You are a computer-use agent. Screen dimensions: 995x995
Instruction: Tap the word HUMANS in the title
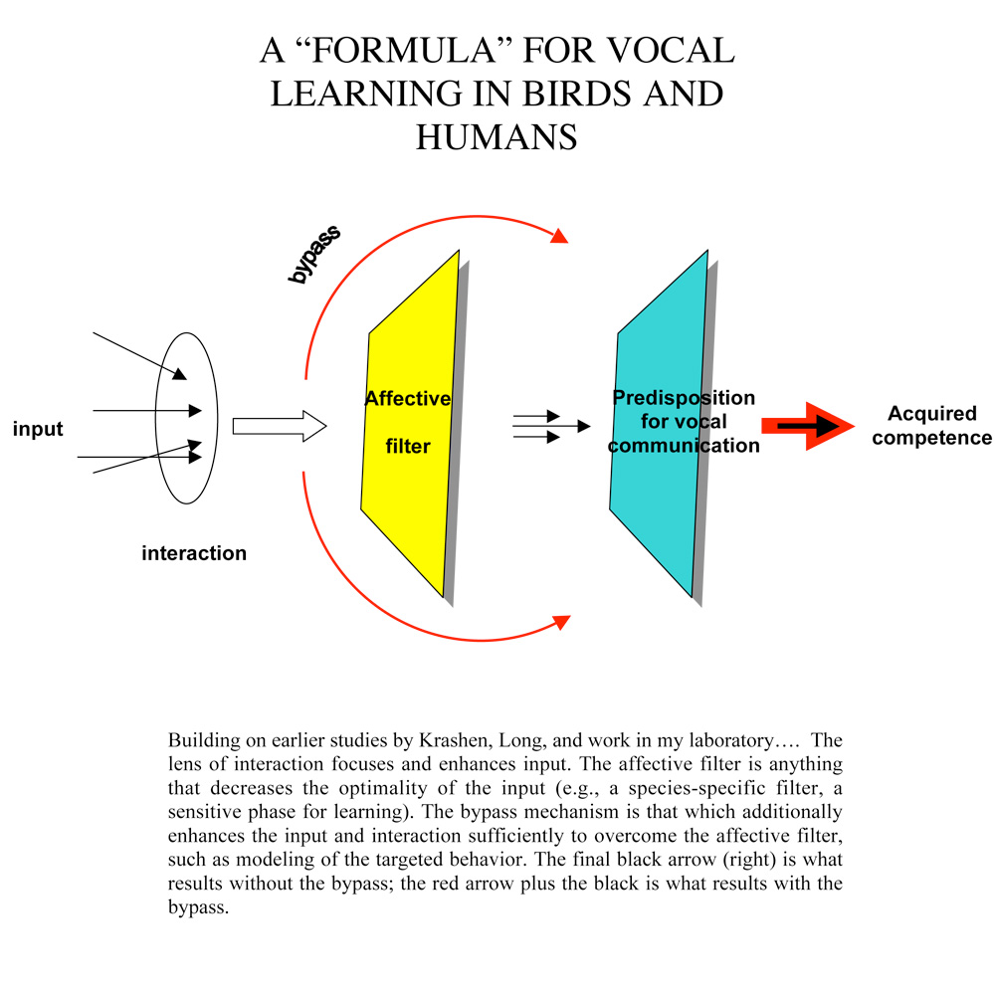click(497, 136)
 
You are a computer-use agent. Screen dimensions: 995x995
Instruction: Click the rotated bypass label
click(314, 255)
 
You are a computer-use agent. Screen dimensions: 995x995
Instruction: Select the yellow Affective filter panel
click(408, 497)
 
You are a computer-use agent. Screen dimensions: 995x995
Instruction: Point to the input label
click(38, 430)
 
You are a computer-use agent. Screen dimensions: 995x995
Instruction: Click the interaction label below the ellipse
click(194, 553)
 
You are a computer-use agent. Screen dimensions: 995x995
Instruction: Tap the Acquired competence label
click(931, 425)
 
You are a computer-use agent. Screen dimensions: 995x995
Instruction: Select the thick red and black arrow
click(806, 426)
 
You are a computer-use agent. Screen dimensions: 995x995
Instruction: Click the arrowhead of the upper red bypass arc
click(559, 236)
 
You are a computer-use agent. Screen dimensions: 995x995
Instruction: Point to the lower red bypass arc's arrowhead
click(560, 622)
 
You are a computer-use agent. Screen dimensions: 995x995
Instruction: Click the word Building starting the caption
click(200, 742)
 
